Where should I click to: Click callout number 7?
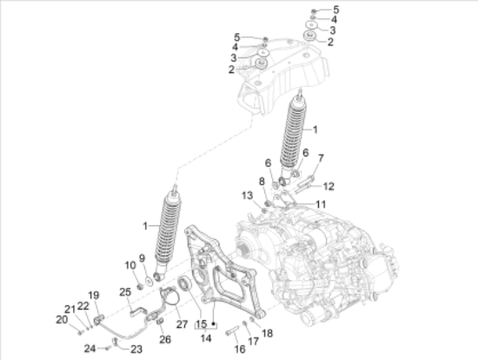(321, 158)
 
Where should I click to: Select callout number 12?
(329, 186)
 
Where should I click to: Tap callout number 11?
(321, 204)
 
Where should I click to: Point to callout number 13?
(247, 196)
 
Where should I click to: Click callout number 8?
(262, 182)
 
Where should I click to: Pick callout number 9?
(142, 258)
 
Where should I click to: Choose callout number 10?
(130, 265)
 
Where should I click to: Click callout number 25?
(125, 292)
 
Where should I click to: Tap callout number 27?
(182, 324)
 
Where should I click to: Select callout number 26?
(165, 339)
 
